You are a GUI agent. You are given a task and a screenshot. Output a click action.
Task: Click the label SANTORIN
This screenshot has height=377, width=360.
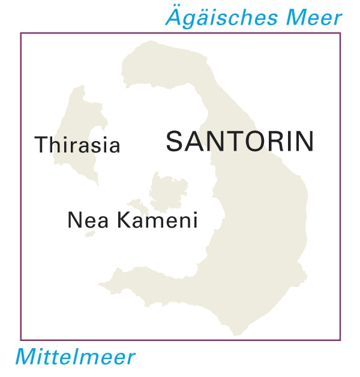coord(239,142)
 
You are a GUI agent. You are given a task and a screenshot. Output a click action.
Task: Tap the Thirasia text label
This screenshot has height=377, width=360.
coord(77,145)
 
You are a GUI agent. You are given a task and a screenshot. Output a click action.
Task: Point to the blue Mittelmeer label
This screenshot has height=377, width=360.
coord(75,357)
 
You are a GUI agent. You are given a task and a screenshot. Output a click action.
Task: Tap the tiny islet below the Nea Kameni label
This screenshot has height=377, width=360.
coord(90,234)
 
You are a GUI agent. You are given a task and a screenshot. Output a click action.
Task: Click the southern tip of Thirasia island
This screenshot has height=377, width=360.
coord(95,182)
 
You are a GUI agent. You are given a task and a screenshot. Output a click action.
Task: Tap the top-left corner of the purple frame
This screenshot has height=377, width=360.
coord(21,33)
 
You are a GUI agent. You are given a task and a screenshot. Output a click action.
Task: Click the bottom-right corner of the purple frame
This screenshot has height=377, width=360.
coord(340,340)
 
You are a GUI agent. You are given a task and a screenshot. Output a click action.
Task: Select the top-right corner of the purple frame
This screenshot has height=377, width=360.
coord(340,33)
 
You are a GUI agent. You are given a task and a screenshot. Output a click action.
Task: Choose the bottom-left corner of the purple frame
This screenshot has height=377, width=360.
coord(21,340)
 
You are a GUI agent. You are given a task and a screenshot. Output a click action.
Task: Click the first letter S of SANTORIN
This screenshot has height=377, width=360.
coord(175,142)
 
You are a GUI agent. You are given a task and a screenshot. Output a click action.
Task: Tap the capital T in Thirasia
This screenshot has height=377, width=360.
coord(42,145)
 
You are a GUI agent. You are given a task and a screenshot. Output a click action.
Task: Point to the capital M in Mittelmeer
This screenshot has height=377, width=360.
coord(27,357)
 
